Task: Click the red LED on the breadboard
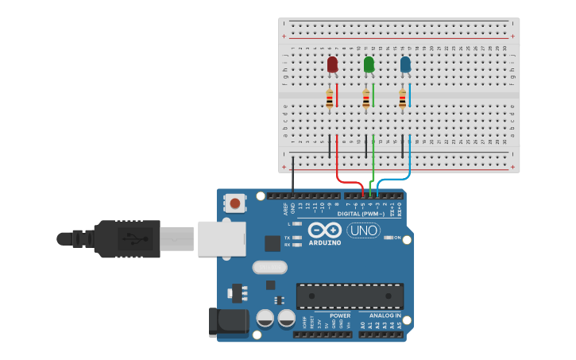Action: pyautogui.click(x=332, y=64)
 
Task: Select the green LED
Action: pyautogui.click(x=369, y=64)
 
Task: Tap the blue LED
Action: pyautogui.click(x=405, y=64)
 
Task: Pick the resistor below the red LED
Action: pyautogui.click(x=330, y=99)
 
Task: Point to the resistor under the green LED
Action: pyautogui.click(x=366, y=99)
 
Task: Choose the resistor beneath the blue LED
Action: pyautogui.click(x=402, y=99)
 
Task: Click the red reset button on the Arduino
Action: pyautogui.click(x=235, y=203)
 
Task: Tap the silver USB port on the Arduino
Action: pyautogui.click(x=222, y=238)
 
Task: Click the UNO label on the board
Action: pyautogui.click(x=363, y=230)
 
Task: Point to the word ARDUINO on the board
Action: pyautogui.click(x=324, y=242)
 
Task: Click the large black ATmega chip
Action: pyautogui.click(x=350, y=296)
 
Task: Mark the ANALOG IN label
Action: pyautogui.click(x=385, y=315)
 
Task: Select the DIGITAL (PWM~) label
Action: pyautogui.click(x=361, y=214)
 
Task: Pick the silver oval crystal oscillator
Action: pyautogui.click(x=270, y=267)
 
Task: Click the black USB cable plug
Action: pyautogui.click(x=119, y=238)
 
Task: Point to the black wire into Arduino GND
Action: pyautogui.click(x=292, y=175)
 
